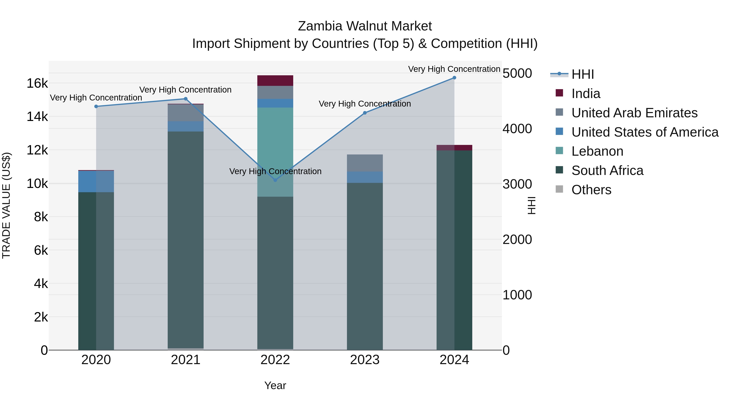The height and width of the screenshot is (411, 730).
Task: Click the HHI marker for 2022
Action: (x=275, y=180)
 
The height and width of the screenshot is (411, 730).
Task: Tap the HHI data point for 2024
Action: (x=454, y=78)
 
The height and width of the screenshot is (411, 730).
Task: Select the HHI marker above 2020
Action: (x=96, y=106)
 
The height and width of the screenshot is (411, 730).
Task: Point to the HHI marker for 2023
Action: (x=365, y=113)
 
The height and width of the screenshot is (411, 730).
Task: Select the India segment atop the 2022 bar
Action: (x=275, y=81)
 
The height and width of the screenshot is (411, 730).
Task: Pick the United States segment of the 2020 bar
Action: (x=96, y=181)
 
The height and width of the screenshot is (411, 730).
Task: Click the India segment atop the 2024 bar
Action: (x=454, y=148)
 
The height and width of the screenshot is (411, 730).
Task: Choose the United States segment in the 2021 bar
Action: (x=186, y=126)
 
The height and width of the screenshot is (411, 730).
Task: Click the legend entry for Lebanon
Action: (x=597, y=151)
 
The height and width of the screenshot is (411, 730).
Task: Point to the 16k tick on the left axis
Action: (x=37, y=83)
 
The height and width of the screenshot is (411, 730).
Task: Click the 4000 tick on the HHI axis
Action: (x=517, y=129)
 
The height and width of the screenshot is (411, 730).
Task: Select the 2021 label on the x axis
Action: (x=186, y=360)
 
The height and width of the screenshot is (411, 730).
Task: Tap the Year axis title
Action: (x=275, y=385)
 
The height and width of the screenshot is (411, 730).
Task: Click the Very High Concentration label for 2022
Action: (x=275, y=171)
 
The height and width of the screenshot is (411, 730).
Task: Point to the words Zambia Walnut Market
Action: (x=365, y=26)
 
